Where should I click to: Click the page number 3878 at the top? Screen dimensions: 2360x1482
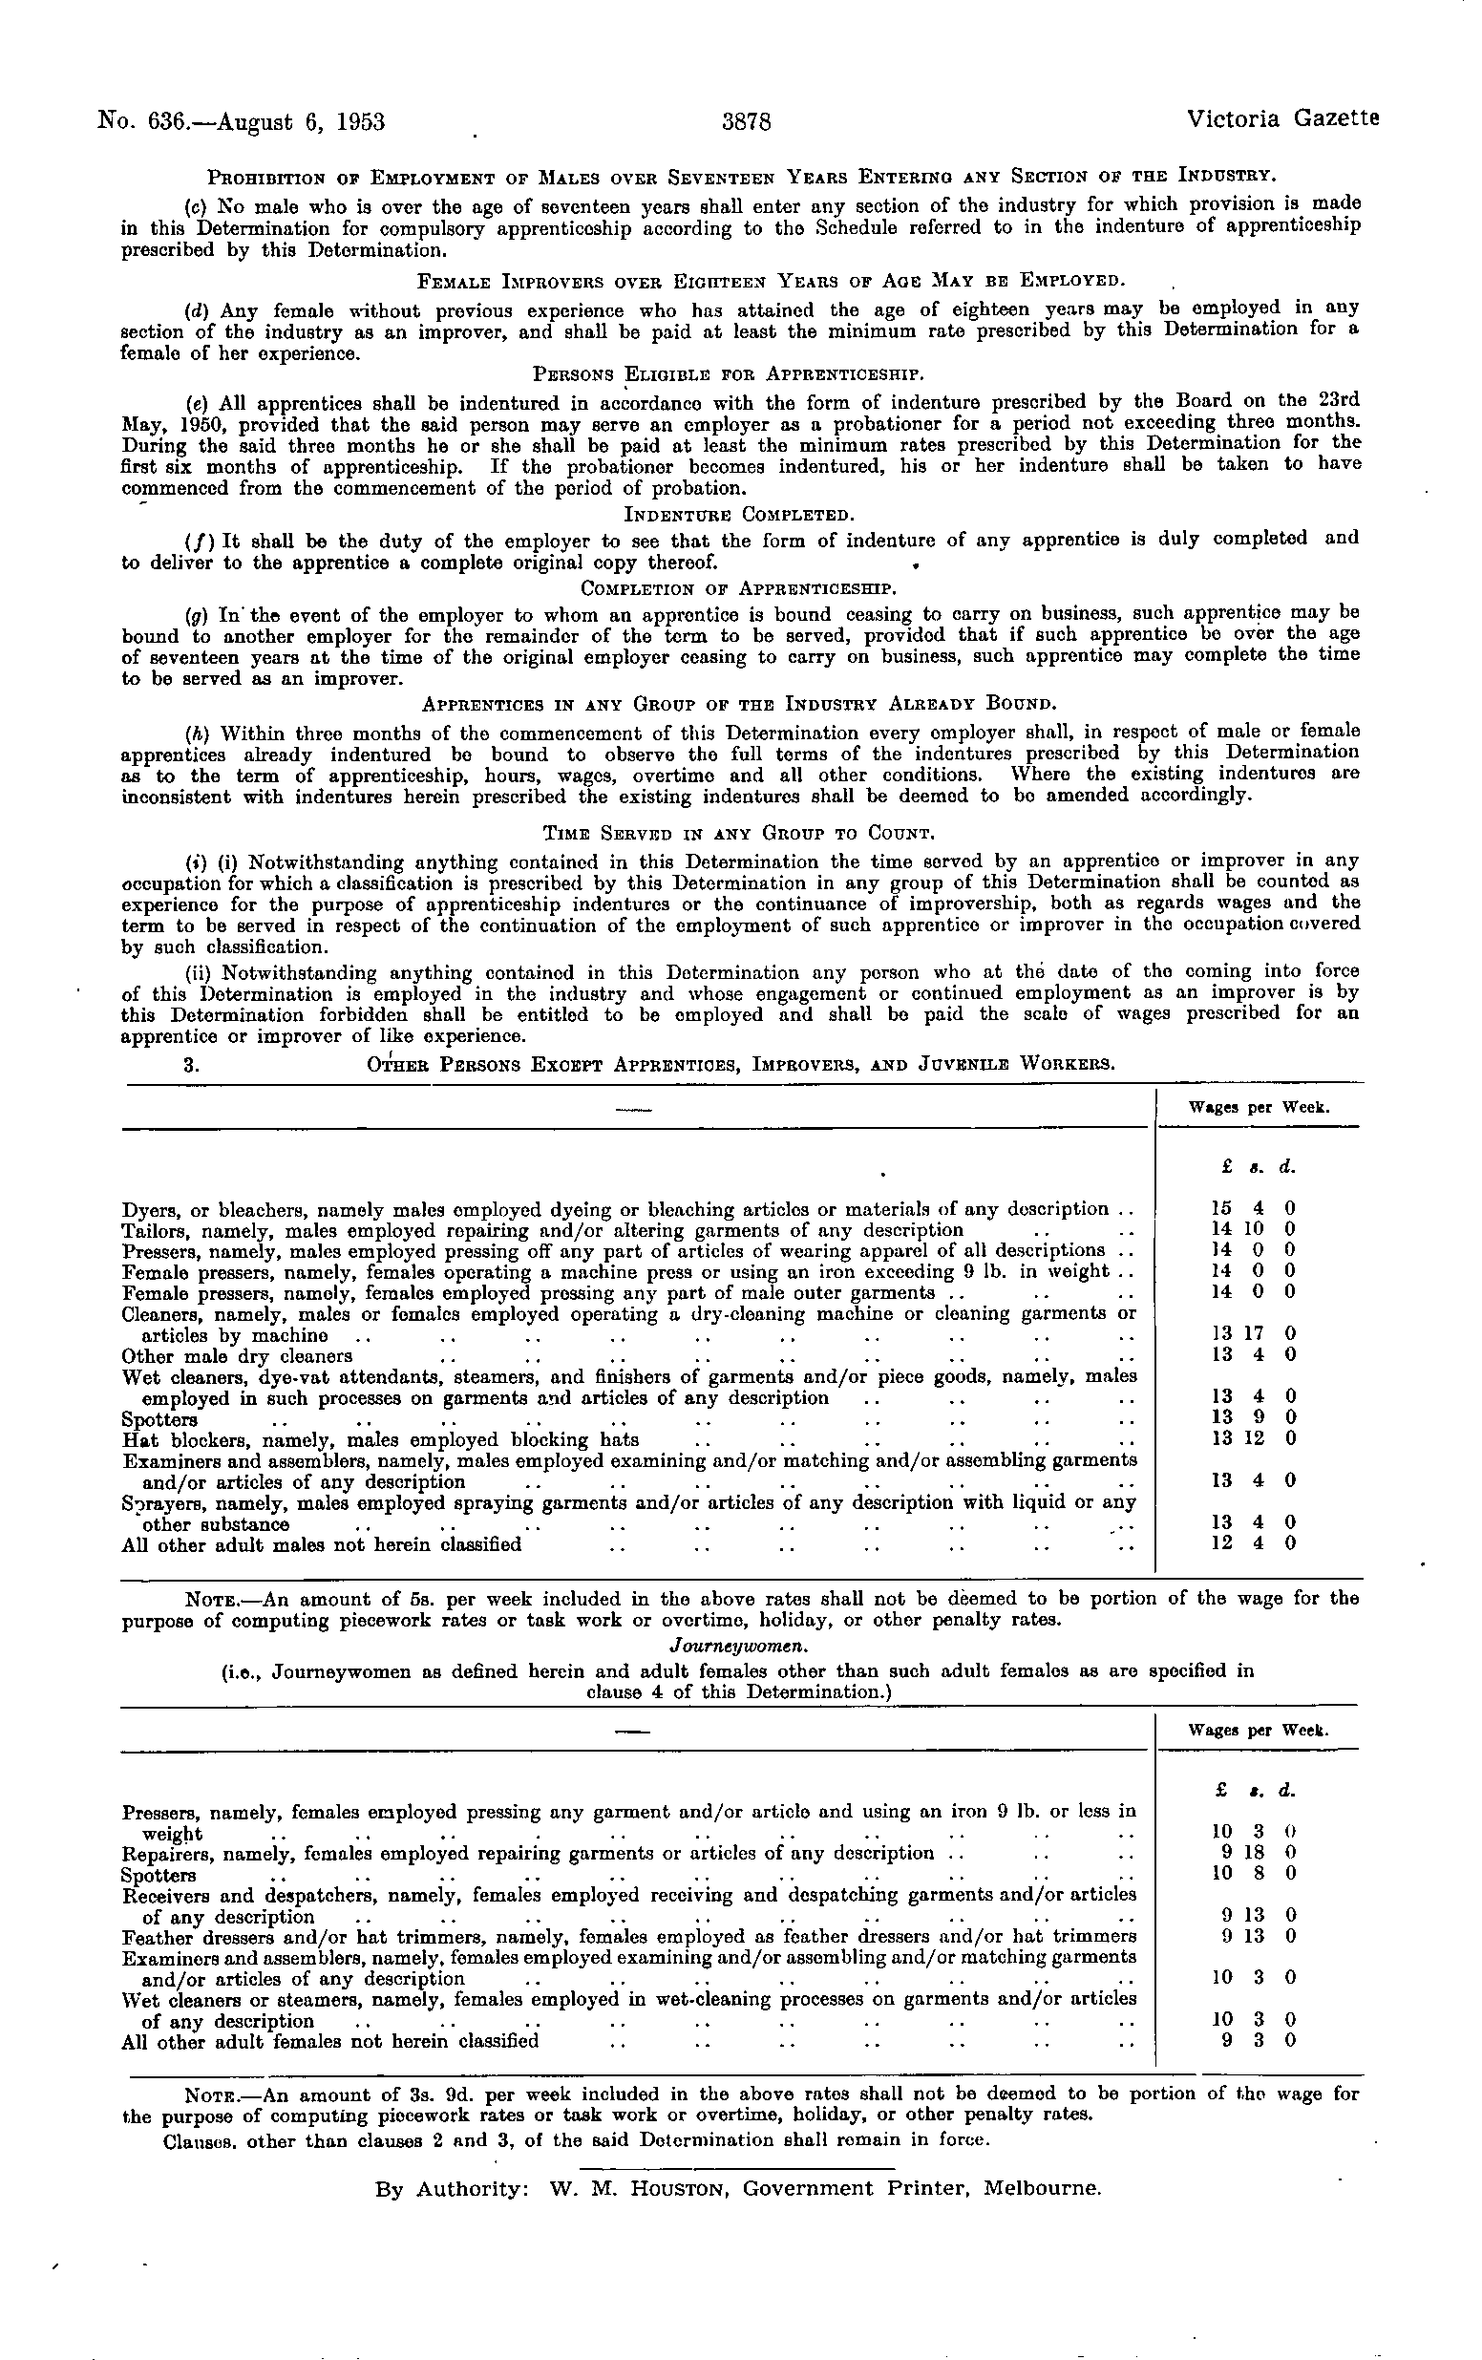(748, 122)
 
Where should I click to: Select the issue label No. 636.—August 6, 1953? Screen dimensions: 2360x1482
(242, 122)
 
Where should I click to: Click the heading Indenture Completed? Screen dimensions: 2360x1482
(739, 515)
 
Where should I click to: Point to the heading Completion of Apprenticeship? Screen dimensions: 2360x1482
(739, 589)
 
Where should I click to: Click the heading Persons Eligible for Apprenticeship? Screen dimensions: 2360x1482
(729, 374)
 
